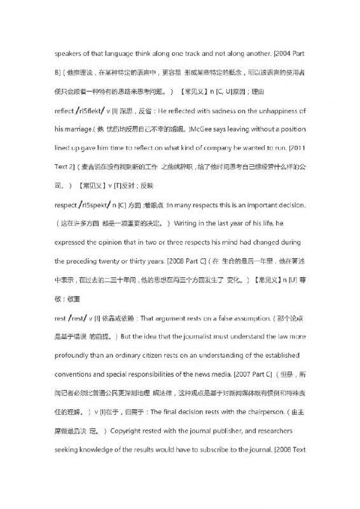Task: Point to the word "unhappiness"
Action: coord(275,111)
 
